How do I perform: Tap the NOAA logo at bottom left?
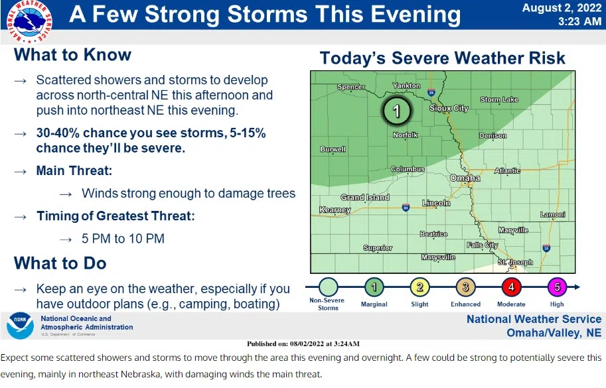pos(20,326)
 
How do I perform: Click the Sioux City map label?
pos(449,108)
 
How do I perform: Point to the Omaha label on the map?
pos(465,178)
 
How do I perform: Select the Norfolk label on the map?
pos(406,135)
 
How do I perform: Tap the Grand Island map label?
pos(365,197)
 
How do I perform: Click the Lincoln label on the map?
pos(436,203)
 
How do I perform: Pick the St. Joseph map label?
pos(515,262)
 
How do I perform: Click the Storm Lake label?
pos(499,99)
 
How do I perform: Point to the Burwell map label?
pos(333,149)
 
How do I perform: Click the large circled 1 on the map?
pos(396,111)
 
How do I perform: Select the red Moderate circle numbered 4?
pos(511,287)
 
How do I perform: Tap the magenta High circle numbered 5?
pos(557,287)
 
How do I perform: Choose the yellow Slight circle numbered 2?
pos(419,287)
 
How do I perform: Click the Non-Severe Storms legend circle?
pos(328,287)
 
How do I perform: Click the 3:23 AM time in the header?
pos(579,21)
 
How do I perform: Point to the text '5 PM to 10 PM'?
pos(123,239)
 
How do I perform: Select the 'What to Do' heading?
pos(60,263)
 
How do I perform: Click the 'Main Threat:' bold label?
pos(74,170)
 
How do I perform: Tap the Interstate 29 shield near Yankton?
pos(431,92)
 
